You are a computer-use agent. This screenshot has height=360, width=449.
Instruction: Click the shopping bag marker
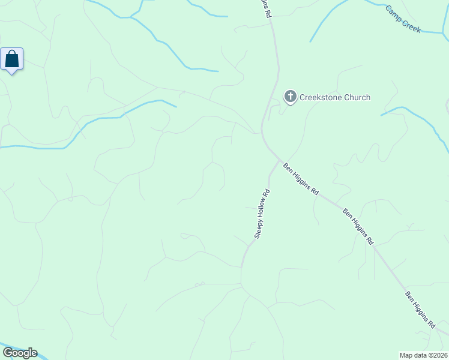pyautogui.click(x=12, y=59)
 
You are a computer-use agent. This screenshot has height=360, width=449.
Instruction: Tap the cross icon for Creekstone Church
pyautogui.click(x=290, y=97)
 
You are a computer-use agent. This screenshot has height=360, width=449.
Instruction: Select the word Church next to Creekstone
pyautogui.click(x=358, y=97)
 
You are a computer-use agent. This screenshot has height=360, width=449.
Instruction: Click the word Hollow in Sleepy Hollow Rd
pyautogui.click(x=263, y=209)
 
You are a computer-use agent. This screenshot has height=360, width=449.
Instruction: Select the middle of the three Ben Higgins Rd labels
pyautogui.click(x=358, y=226)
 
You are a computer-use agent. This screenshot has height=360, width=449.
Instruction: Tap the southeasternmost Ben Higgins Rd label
pyautogui.click(x=420, y=310)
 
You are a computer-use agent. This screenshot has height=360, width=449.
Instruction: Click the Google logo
pyautogui.click(x=20, y=353)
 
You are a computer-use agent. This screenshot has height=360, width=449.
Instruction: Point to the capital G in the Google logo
pyautogui.click(x=8, y=353)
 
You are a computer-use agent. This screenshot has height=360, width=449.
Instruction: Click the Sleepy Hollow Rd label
pyautogui.click(x=262, y=214)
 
